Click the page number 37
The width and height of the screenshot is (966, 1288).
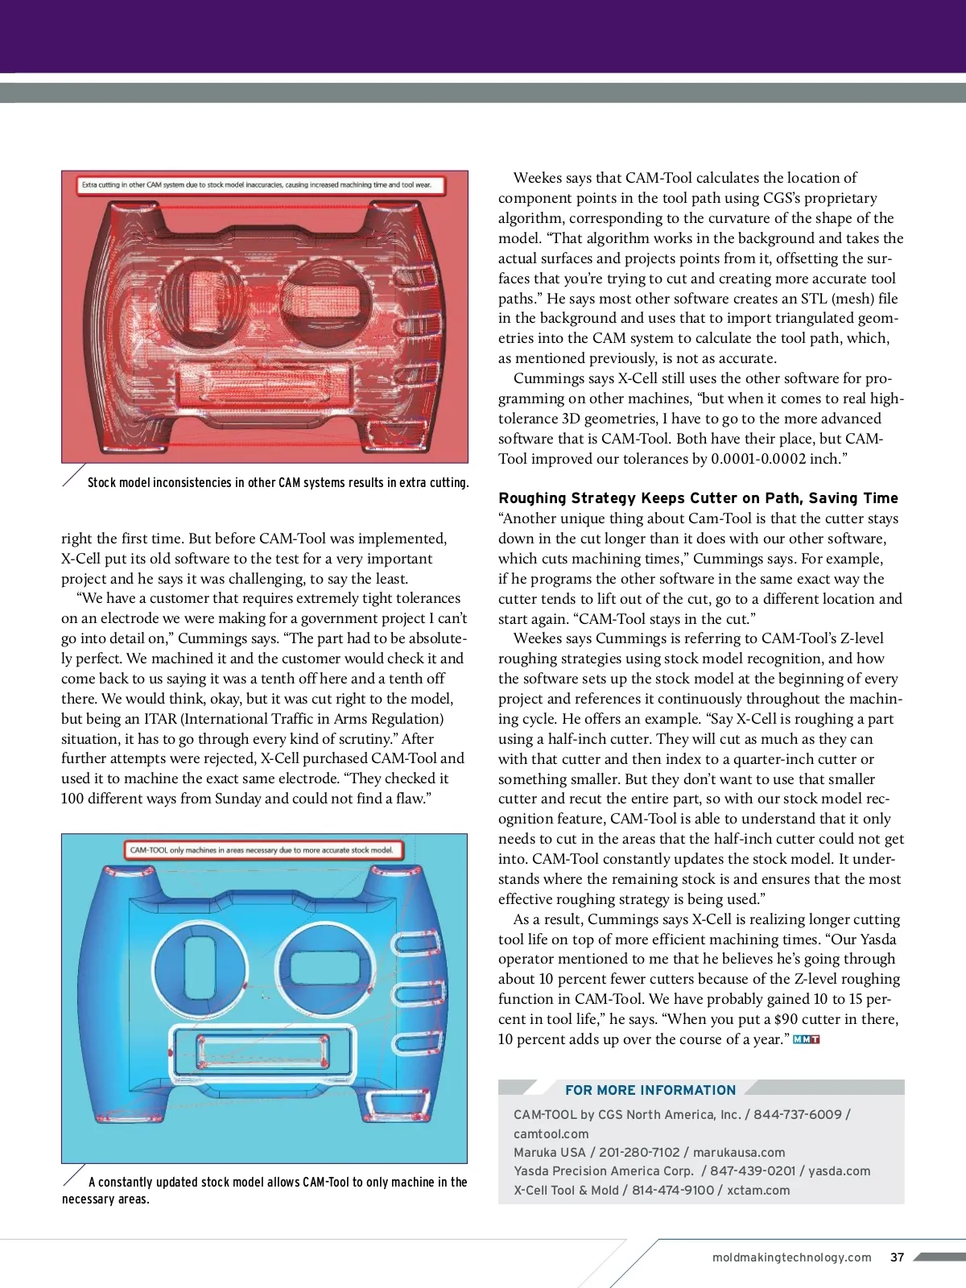click(898, 1257)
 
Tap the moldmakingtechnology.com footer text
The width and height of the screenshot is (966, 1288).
click(791, 1257)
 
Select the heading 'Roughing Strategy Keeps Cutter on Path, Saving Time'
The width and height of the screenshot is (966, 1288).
click(698, 498)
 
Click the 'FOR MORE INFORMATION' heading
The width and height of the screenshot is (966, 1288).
click(650, 1090)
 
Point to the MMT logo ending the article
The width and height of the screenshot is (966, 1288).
click(806, 1039)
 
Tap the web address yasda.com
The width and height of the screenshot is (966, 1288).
click(839, 1171)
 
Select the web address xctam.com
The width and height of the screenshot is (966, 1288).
click(758, 1191)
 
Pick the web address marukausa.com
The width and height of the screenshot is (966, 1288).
click(739, 1153)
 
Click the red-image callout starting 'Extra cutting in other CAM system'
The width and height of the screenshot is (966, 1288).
click(256, 185)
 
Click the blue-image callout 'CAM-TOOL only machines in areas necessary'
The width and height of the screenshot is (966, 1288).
click(262, 850)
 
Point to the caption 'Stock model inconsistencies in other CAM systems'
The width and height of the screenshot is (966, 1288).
click(278, 483)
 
